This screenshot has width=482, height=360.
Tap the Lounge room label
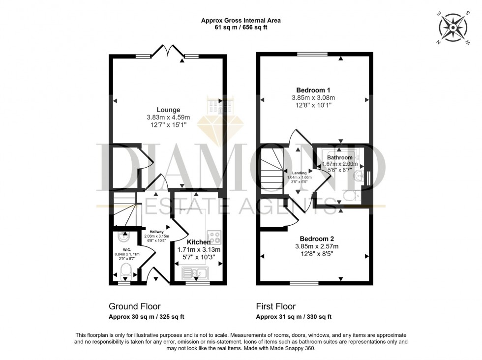pos(168,110)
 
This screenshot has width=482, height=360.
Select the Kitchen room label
pos(199,242)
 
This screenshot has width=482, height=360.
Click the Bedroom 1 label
pos(313,90)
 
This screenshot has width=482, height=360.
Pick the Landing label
pos(299,173)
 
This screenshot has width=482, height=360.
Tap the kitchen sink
pos(195,272)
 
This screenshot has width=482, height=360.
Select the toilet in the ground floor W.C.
pos(126,270)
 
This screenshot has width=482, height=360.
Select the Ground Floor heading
pos(134,306)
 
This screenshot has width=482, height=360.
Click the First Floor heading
pos(277,306)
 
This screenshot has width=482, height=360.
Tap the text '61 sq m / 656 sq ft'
pos(241,28)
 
